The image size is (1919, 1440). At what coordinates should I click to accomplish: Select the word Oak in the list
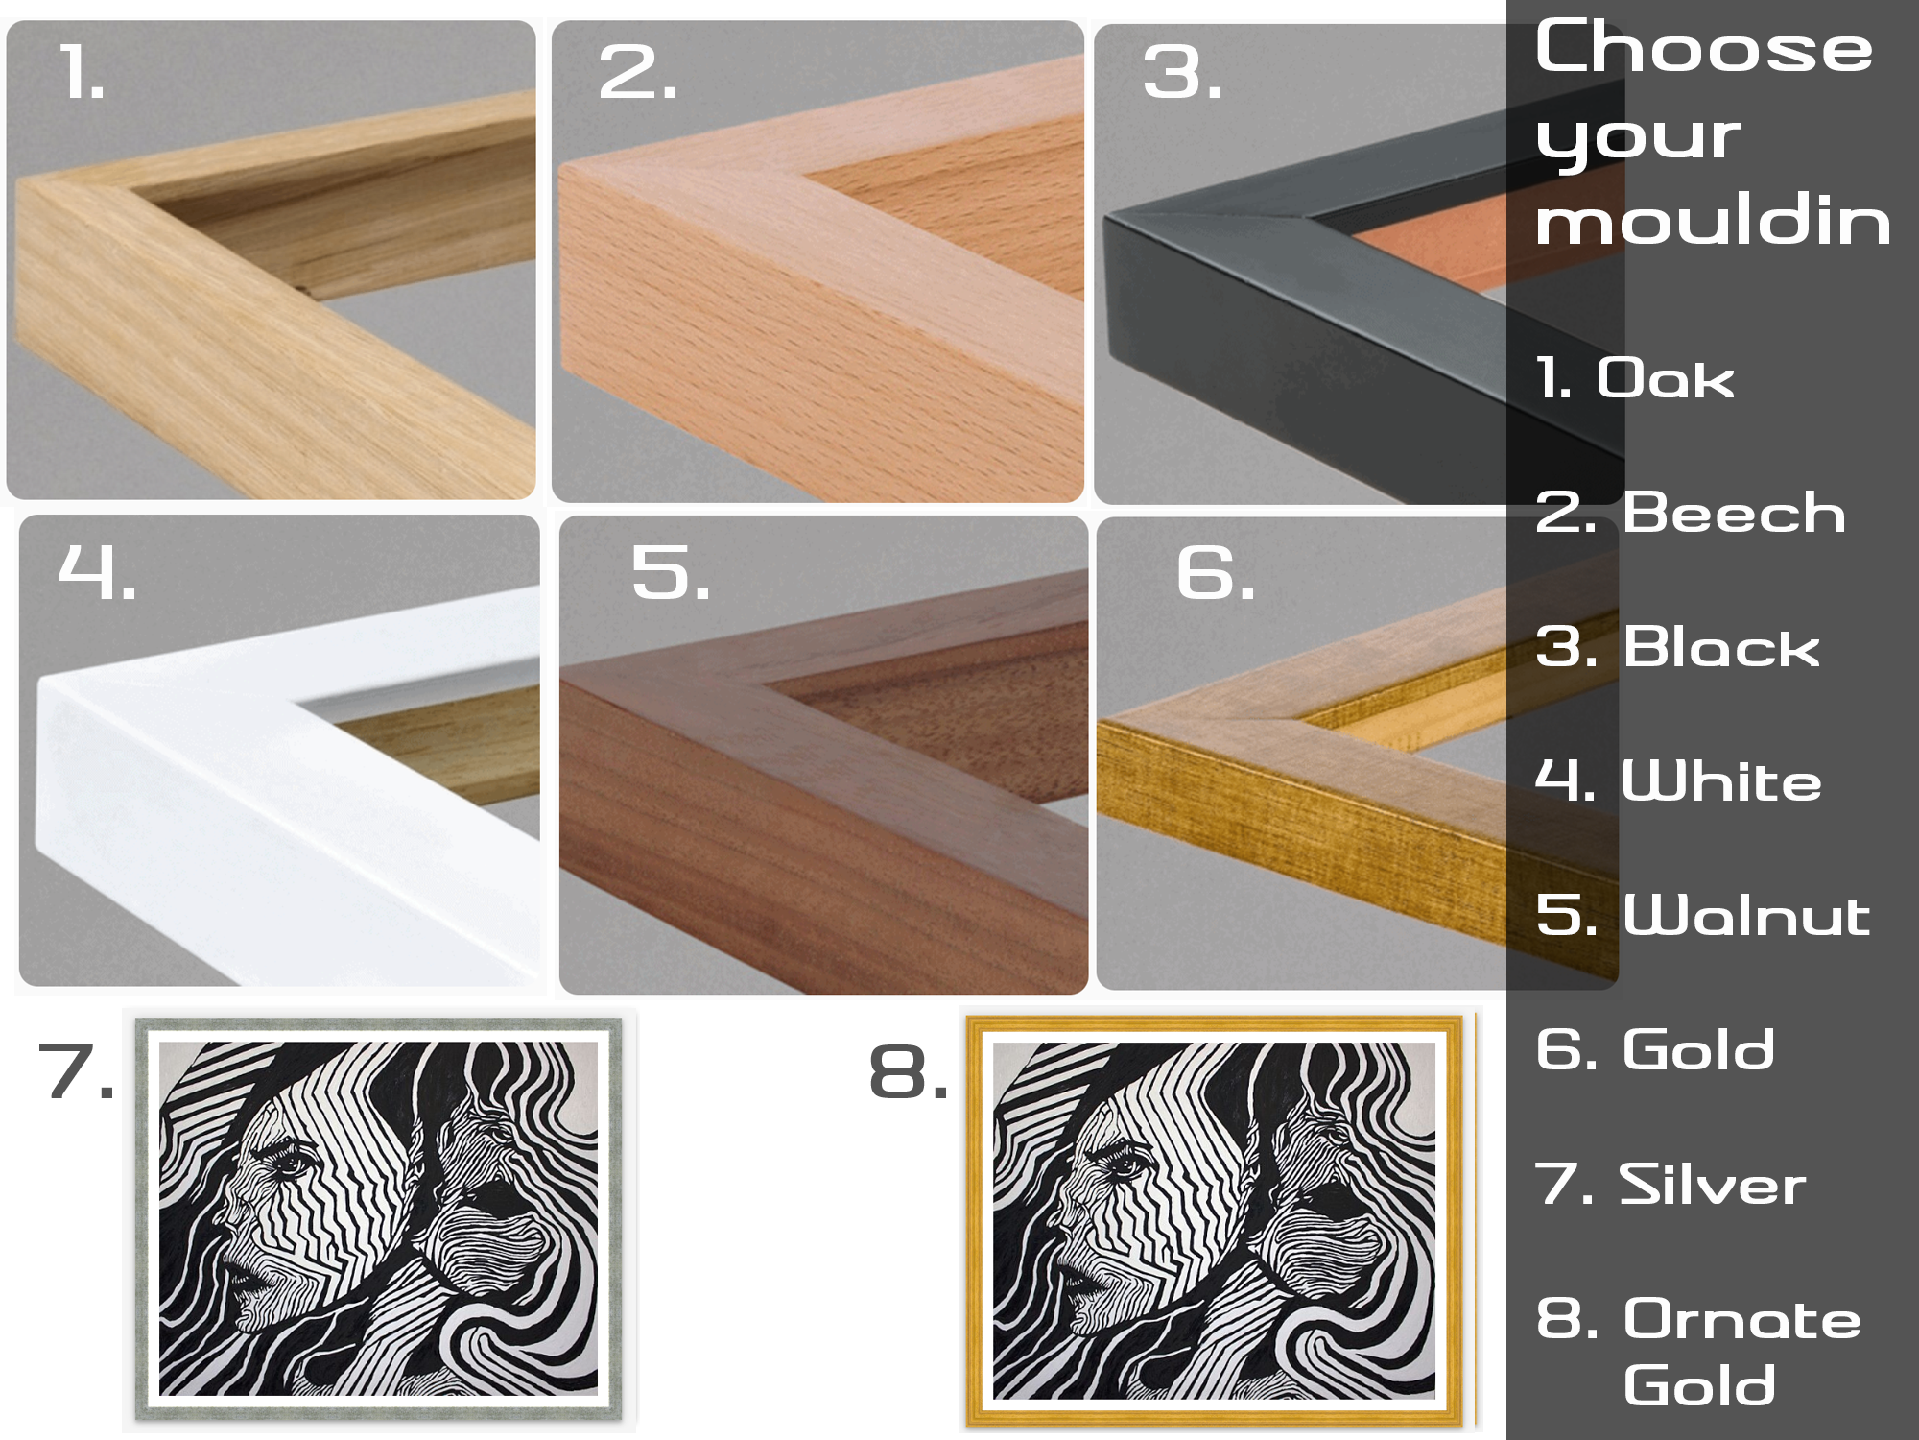coord(1666,377)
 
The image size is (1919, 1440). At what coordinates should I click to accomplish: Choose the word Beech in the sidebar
coord(1735,512)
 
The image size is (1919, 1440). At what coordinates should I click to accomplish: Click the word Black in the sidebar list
coord(1721,646)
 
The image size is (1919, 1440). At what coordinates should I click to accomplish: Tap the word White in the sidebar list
coord(1721,780)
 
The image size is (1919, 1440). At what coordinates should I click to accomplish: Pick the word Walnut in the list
coord(1746,914)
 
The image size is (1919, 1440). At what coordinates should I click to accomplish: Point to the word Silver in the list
coord(1713,1184)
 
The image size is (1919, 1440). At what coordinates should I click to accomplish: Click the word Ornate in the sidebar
coord(1742,1318)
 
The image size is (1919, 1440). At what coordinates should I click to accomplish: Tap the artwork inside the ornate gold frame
coord(1214,1221)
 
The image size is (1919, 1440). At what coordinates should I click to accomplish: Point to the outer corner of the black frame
coord(1106,216)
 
